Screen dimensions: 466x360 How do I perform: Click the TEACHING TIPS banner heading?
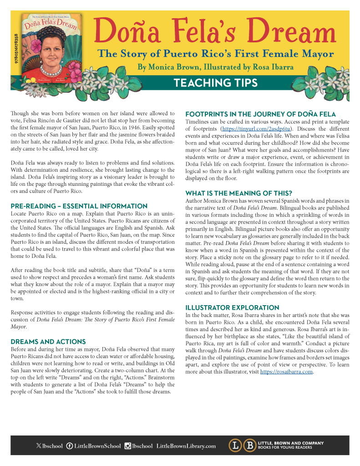[x=215, y=82]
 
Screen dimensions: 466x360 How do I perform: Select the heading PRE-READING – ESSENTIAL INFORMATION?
[x=79, y=206]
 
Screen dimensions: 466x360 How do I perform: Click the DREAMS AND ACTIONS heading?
[x=48, y=341]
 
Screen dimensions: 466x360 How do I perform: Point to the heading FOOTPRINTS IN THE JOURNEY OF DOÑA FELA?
[x=260, y=114]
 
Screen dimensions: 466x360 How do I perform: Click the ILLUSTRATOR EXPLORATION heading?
[x=232, y=307]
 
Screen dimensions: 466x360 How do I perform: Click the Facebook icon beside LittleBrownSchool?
[x=70, y=446]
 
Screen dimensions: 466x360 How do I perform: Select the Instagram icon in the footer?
[x=128, y=446]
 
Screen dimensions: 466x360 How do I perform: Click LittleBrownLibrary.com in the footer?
[x=186, y=446]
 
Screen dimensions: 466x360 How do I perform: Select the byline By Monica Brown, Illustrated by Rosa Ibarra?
[x=215, y=67]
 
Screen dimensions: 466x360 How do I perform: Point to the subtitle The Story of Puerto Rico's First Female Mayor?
[x=216, y=54]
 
